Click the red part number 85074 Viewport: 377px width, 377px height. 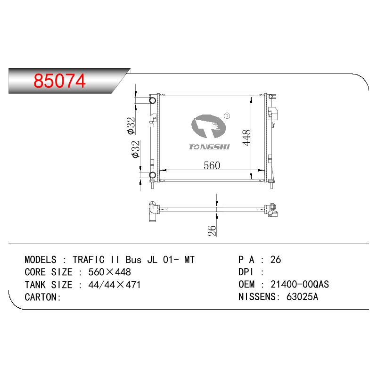click(59, 81)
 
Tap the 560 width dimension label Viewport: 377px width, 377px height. click(212, 165)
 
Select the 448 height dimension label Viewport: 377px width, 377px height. click(246, 138)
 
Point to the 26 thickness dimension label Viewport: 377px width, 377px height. click(212, 230)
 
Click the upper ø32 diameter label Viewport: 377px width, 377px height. click(131, 125)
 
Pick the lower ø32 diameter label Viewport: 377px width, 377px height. click(136, 149)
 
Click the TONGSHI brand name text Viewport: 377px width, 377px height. click(209, 147)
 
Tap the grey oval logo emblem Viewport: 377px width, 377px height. click(208, 126)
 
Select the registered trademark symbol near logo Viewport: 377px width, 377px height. click(227, 116)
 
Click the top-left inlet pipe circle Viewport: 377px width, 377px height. click(153, 100)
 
